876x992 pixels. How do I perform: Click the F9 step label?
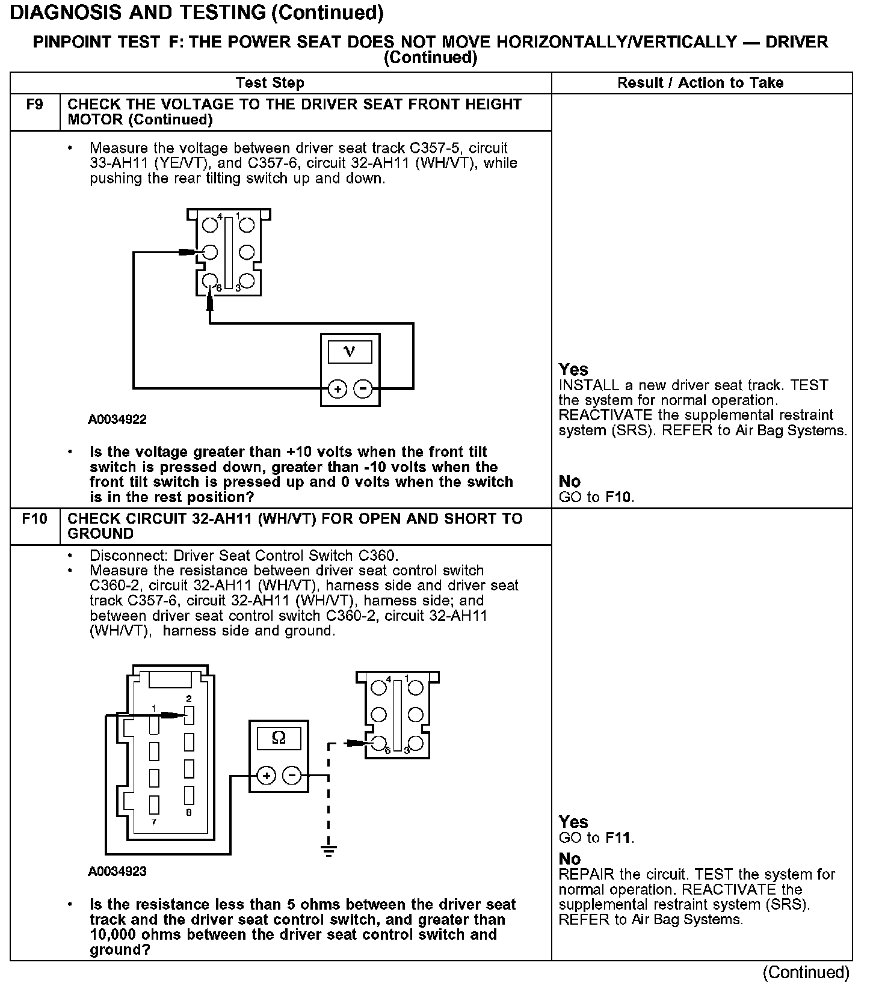click(x=35, y=105)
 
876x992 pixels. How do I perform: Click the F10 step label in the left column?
click(x=34, y=518)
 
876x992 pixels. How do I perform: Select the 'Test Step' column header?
click(x=270, y=83)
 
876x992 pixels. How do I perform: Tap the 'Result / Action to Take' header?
click(x=700, y=83)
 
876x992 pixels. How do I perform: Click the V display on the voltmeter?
click(x=350, y=352)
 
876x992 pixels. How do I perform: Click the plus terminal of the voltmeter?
click(x=338, y=389)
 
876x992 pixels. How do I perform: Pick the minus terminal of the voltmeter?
click(x=363, y=389)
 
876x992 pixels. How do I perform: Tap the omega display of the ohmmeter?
click(x=279, y=738)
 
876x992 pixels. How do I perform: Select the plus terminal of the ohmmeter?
click(x=267, y=776)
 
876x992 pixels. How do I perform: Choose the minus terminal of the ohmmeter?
click(x=292, y=776)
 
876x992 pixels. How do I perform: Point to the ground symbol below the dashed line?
click(x=328, y=850)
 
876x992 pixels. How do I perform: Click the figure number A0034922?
click(x=117, y=420)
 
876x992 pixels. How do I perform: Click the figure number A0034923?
click(x=117, y=871)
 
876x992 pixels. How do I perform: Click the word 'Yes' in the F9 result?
click(x=573, y=369)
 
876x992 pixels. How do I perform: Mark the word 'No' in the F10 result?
click(x=570, y=859)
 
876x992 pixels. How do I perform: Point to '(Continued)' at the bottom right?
click(x=806, y=972)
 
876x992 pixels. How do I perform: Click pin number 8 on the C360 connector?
click(x=189, y=813)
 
